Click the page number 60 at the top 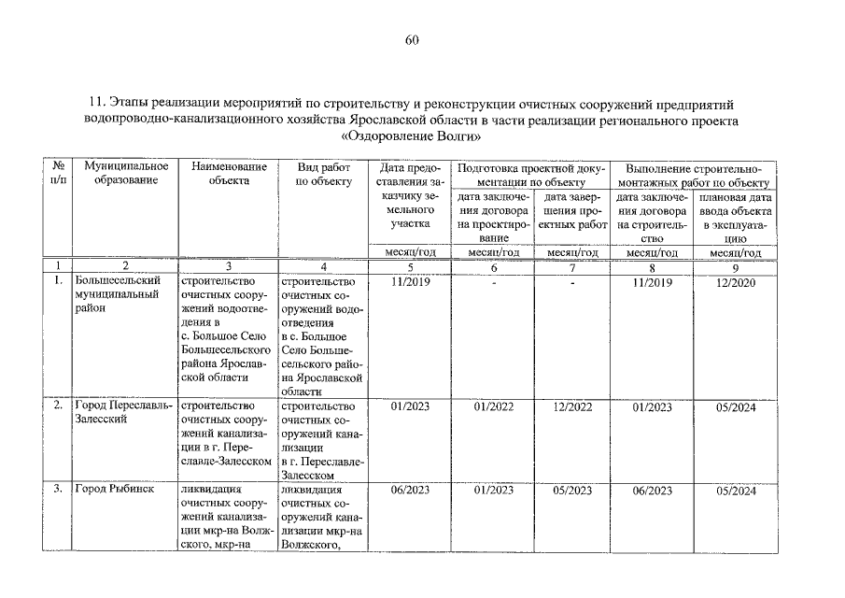click(413, 39)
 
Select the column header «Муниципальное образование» click(119, 173)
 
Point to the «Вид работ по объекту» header click(321, 173)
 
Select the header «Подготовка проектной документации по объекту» click(528, 173)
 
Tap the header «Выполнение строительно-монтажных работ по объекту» click(693, 173)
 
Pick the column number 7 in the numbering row click(570, 266)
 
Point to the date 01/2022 click(494, 406)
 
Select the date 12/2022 click(572, 406)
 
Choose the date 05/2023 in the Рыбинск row click(572, 490)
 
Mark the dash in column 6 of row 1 click(494, 283)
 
